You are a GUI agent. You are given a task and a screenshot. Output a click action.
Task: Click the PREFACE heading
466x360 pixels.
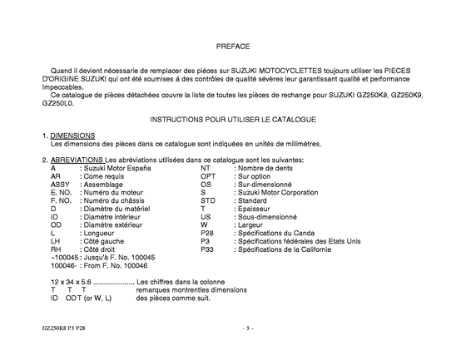[232, 47]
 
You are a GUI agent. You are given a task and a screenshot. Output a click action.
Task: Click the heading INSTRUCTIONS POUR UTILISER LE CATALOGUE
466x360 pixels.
[233, 120]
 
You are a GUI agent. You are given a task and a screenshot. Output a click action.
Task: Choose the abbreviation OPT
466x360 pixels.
[209, 176]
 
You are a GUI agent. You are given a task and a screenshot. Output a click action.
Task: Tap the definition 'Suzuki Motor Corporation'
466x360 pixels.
[277, 192]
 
